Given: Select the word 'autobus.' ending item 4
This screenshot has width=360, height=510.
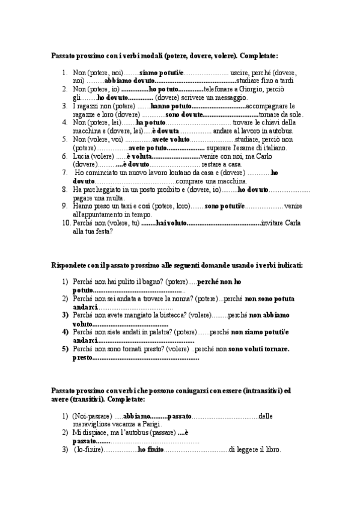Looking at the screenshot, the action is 279,131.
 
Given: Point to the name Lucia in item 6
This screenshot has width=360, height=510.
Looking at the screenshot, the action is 82,156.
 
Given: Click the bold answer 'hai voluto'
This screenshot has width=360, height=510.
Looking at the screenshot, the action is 170,223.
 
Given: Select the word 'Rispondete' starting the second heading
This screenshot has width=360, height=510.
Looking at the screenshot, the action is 71,265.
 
